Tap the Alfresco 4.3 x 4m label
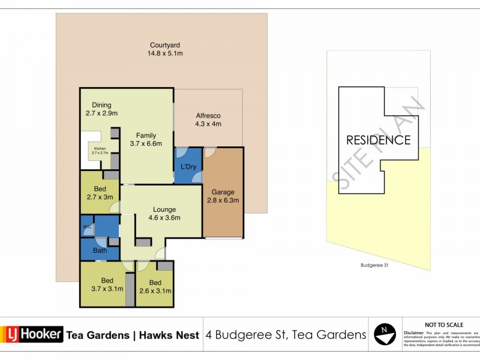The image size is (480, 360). click(x=208, y=120)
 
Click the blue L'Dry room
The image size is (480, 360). click(x=188, y=166)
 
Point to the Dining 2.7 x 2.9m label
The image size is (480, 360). click(x=101, y=109)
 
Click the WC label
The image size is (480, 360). click(x=86, y=227)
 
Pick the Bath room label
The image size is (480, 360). click(x=99, y=251)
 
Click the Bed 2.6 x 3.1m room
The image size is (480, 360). click(x=155, y=286)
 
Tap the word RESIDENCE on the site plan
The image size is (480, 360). click(x=378, y=140)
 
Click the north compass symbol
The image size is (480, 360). click(x=385, y=333)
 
